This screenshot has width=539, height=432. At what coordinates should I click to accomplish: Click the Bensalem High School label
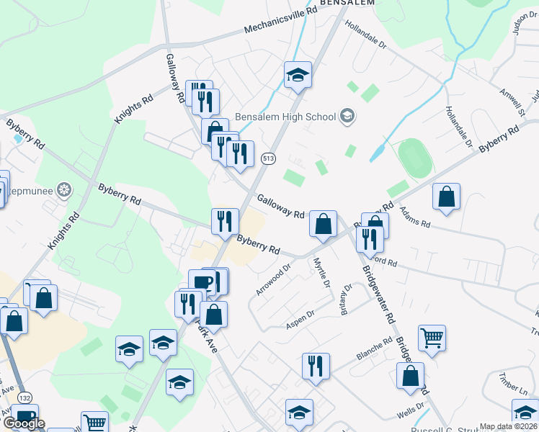point(295,117)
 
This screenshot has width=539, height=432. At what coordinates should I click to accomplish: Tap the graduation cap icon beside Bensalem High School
point(347,116)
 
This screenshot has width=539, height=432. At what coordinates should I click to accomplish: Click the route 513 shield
point(268,158)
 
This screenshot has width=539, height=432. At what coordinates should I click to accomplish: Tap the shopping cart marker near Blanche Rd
point(432,337)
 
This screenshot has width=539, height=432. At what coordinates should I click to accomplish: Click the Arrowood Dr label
point(272,279)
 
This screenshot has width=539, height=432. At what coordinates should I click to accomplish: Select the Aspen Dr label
point(300,318)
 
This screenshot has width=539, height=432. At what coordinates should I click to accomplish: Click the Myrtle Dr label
point(324,275)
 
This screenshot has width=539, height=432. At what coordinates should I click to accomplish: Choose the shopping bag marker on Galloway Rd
point(324,224)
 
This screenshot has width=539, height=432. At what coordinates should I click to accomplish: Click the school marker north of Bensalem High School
point(297,75)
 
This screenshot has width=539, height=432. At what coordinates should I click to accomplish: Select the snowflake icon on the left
point(65,190)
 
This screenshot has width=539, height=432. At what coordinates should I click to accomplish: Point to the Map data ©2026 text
point(508,426)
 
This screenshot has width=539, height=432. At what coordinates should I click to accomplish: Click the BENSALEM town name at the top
point(348,4)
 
